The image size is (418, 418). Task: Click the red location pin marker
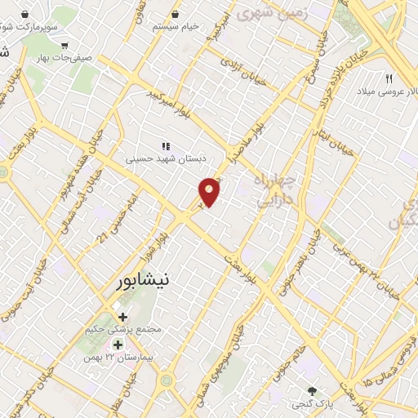(210, 191)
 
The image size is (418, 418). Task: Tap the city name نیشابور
(141, 280)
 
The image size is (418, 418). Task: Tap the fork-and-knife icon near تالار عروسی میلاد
(389, 79)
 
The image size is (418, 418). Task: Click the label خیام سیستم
(176, 27)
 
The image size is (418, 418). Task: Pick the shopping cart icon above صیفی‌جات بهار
(64, 46)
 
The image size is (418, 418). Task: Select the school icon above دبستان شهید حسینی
(166, 146)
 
